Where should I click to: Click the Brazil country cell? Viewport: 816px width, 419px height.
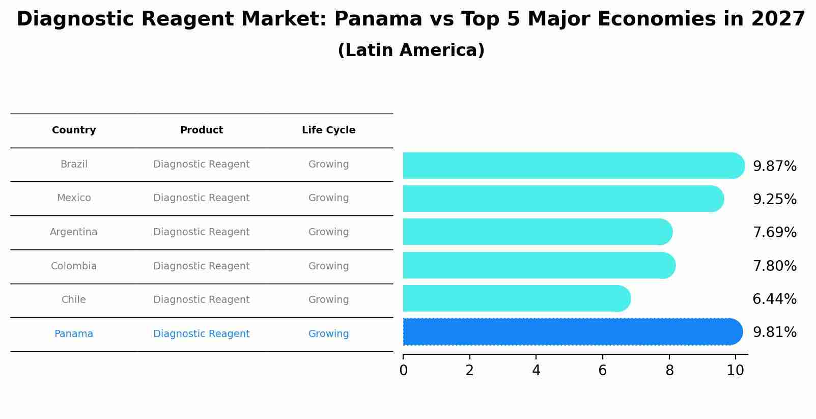pyautogui.click(x=74, y=164)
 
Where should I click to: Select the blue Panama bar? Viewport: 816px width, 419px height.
pyautogui.click(x=570, y=332)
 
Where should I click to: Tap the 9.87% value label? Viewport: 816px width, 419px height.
pyautogui.click(x=774, y=166)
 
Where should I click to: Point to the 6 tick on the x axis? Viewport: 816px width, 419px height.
pyautogui.click(x=602, y=370)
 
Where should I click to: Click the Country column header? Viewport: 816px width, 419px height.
pyautogui.click(x=74, y=130)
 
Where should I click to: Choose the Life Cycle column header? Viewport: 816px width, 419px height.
pyautogui.click(x=328, y=130)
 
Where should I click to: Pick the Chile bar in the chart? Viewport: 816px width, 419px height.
pyautogui.click(x=514, y=298)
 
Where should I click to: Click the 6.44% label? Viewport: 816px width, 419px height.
pyautogui.click(x=774, y=299)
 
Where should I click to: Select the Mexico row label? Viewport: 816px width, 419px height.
pyautogui.click(x=74, y=198)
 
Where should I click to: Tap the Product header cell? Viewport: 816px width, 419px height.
pyautogui.click(x=202, y=130)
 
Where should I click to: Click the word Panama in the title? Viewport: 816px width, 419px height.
pyautogui.click(x=378, y=19)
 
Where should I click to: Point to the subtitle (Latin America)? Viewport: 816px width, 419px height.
pyautogui.click(x=411, y=50)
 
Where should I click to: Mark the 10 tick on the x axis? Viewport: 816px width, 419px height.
pyautogui.click(x=735, y=370)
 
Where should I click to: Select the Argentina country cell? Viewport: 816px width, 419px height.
pyautogui.click(x=74, y=232)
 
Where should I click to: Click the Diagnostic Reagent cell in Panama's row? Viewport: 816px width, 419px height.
pyautogui.click(x=202, y=334)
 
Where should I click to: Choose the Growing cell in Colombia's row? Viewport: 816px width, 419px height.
pyautogui.click(x=328, y=266)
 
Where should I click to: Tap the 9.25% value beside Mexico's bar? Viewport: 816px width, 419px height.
pyautogui.click(x=774, y=200)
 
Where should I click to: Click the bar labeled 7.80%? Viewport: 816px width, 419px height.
pyautogui.click(x=537, y=265)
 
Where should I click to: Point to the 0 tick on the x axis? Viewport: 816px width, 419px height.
pyautogui.click(x=403, y=370)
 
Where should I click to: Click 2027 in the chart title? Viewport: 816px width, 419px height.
pyautogui.click(x=778, y=19)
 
